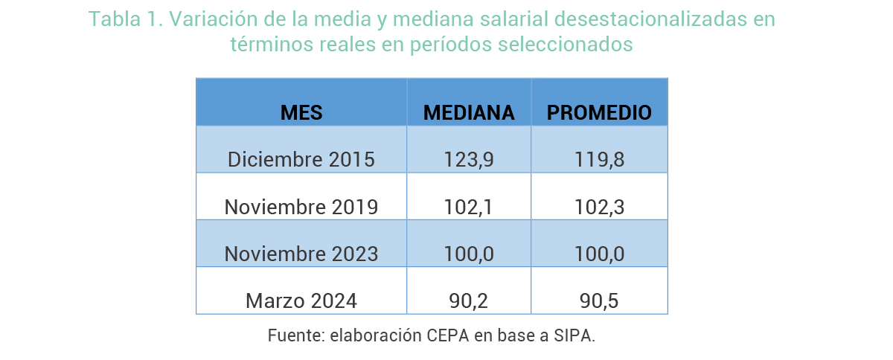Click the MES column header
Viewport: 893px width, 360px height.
(x=301, y=113)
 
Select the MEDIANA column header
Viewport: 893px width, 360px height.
(x=469, y=113)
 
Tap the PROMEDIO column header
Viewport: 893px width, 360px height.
(x=599, y=113)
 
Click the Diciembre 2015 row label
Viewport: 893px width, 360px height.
(x=301, y=160)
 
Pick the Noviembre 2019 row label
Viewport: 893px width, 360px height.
(x=301, y=207)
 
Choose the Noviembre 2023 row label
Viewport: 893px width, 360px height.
(x=301, y=254)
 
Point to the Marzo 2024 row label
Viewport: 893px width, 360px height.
(x=301, y=300)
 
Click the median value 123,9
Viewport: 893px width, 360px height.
(x=469, y=160)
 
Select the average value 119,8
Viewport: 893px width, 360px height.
(x=599, y=160)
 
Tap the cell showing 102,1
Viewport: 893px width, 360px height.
(x=469, y=207)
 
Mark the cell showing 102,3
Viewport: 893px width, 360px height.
(x=599, y=207)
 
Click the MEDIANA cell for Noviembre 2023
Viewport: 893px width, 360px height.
(x=469, y=254)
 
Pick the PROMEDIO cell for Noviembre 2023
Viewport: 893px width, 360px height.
(x=599, y=254)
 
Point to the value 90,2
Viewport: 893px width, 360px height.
(x=469, y=300)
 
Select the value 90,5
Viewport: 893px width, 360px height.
(x=599, y=300)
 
